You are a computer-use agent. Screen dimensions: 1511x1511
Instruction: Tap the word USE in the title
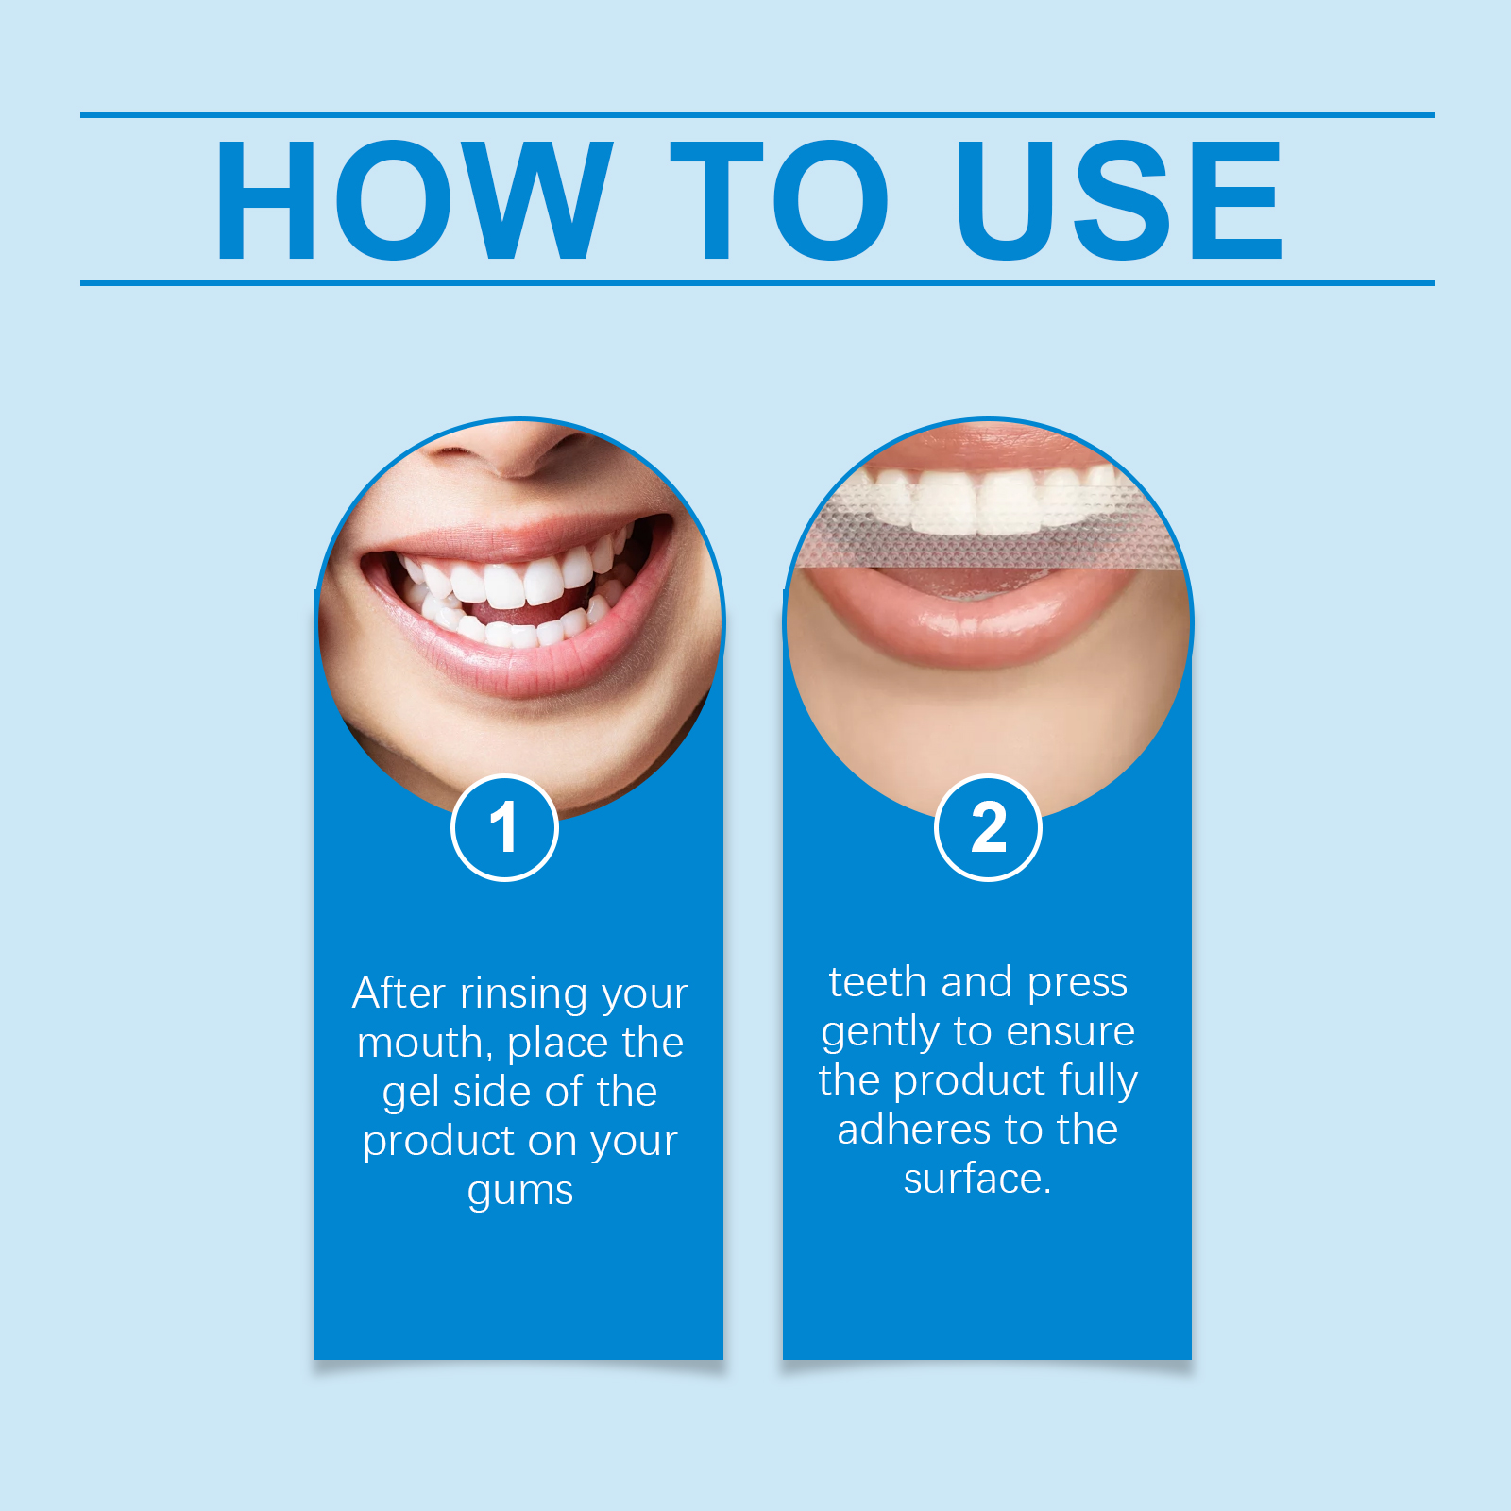coord(1119,199)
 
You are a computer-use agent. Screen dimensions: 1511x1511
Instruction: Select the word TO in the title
coord(780,199)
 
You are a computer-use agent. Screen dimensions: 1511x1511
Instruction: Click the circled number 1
coord(505,828)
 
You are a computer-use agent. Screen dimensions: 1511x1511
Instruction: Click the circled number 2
coord(988,828)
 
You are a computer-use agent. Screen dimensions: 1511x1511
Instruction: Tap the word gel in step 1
coord(412,1094)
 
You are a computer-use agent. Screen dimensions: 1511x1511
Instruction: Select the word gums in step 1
coord(520,1192)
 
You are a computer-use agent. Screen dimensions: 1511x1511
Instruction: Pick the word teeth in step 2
coord(877,982)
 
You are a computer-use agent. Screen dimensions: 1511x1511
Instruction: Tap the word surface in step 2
coord(973,1179)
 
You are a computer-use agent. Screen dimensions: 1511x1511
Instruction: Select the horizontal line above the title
coord(757,115)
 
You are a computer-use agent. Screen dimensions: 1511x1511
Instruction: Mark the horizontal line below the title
coord(757,282)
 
